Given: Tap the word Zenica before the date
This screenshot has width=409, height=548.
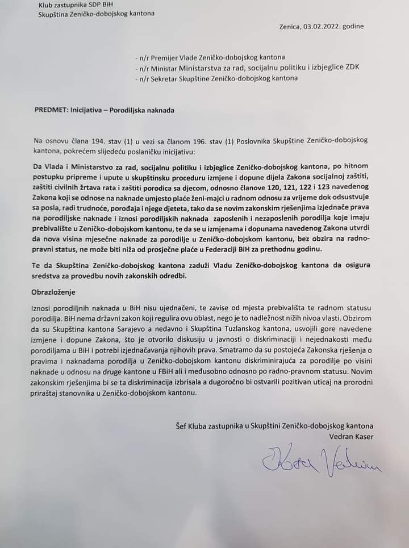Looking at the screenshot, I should point(290,26).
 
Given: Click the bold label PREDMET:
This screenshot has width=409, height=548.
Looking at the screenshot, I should point(51,109).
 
